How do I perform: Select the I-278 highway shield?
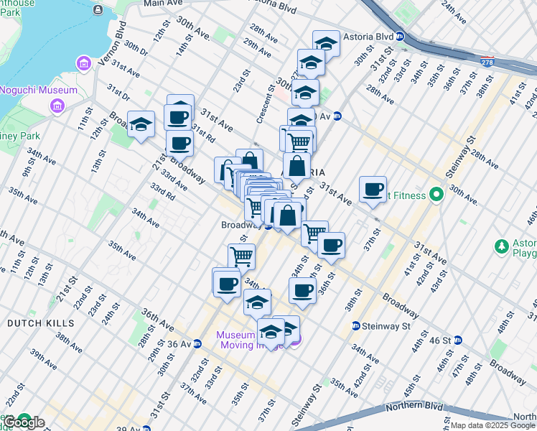click(x=488, y=62)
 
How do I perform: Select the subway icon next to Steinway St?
click(x=355, y=326)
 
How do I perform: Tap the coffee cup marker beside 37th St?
click(x=372, y=189)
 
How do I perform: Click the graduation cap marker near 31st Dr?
click(x=141, y=124)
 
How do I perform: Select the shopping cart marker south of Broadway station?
click(x=242, y=256)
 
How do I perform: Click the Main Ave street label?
click(x=163, y=4)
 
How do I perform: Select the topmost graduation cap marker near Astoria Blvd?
click(x=326, y=43)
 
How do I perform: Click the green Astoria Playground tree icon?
click(x=503, y=246)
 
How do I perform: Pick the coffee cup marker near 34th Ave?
click(x=227, y=284)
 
